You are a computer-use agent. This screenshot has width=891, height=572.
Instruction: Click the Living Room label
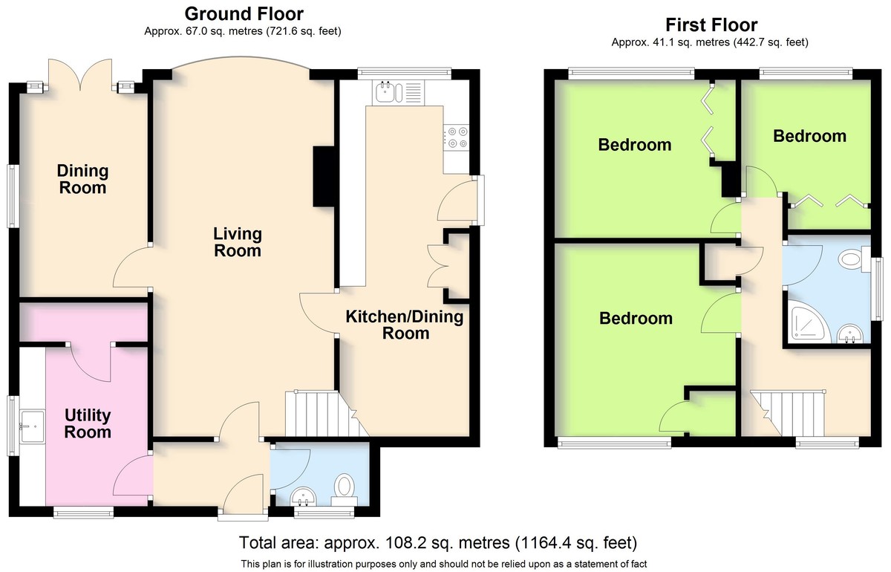[238, 242]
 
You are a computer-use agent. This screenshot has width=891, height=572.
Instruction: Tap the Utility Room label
[88, 423]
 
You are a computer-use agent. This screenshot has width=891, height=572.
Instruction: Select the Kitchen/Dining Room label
[405, 325]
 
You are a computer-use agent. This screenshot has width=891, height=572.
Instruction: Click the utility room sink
[33, 426]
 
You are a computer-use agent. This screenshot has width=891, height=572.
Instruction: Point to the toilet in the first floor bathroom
[854, 259]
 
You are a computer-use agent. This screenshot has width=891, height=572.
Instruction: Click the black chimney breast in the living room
[324, 176]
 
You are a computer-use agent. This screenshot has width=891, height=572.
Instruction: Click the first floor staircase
[788, 413]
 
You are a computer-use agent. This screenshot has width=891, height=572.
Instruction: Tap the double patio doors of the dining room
[80, 74]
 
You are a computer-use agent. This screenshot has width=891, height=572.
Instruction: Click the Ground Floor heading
[244, 14]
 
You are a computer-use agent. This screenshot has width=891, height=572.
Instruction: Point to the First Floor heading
[711, 25]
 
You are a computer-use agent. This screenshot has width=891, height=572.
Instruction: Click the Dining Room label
[82, 179]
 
